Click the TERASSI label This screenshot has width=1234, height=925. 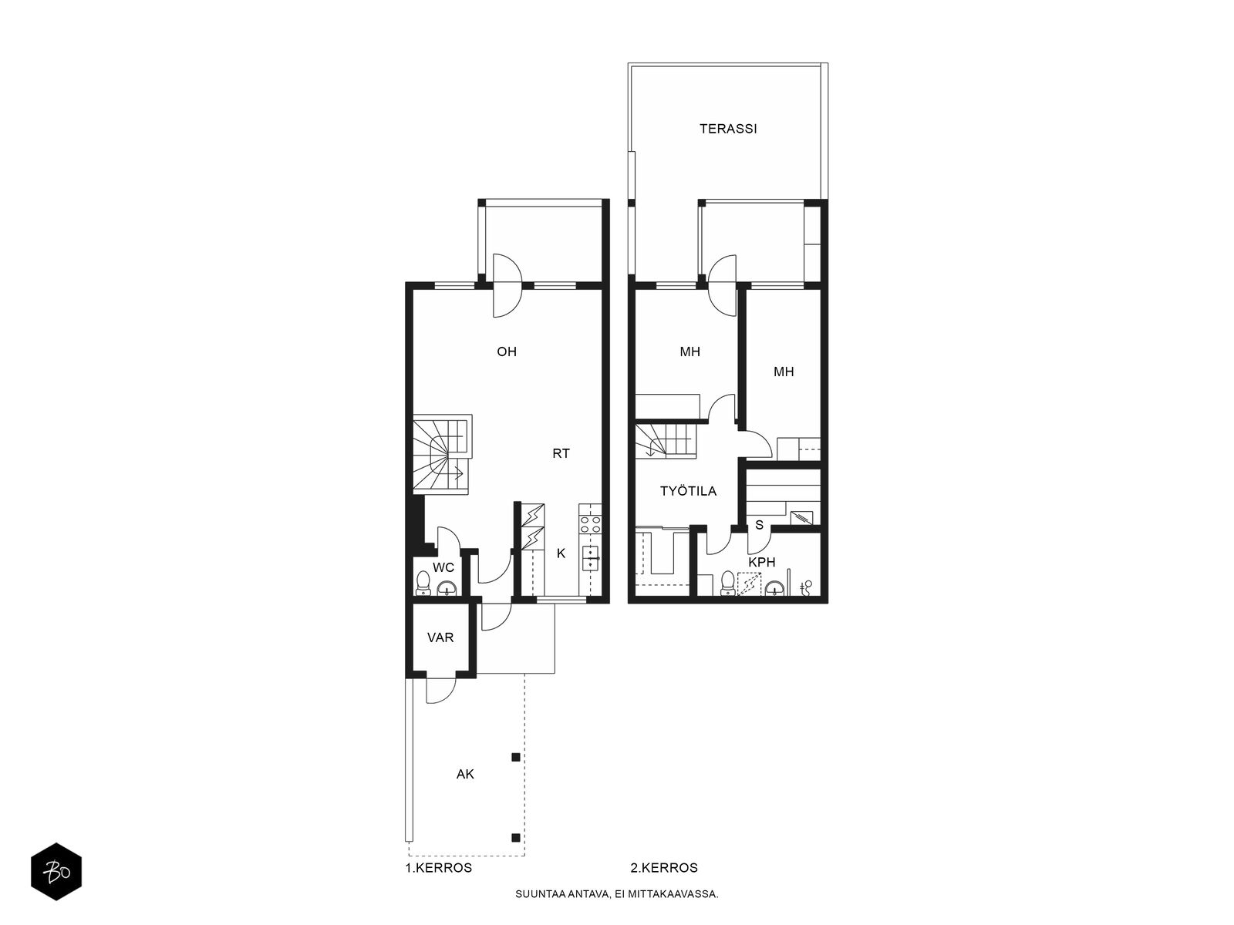pyautogui.click(x=728, y=129)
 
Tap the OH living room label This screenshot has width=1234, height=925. pyautogui.click(x=507, y=351)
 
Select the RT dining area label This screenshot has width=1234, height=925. pyautogui.click(x=561, y=453)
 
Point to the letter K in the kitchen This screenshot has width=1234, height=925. pyautogui.click(x=561, y=553)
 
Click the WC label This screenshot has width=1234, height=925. pyautogui.click(x=443, y=567)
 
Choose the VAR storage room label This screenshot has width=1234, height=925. pyautogui.click(x=440, y=637)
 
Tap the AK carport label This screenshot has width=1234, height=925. pyautogui.click(x=465, y=774)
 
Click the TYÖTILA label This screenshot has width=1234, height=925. pyautogui.click(x=688, y=491)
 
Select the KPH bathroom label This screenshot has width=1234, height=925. pyautogui.click(x=762, y=562)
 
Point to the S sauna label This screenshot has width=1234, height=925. pyautogui.click(x=759, y=525)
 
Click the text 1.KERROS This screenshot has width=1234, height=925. pyautogui.click(x=439, y=868)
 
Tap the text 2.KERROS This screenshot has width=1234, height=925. pyautogui.click(x=664, y=868)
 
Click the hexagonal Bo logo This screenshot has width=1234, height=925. pyautogui.click(x=56, y=872)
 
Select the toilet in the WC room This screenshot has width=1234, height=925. pyautogui.click(x=423, y=583)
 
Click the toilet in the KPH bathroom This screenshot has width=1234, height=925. pyautogui.click(x=727, y=583)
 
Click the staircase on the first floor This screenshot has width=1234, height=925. pyautogui.click(x=442, y=455)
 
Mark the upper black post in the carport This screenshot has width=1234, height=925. pyautogui.click(x=515, y=757)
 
